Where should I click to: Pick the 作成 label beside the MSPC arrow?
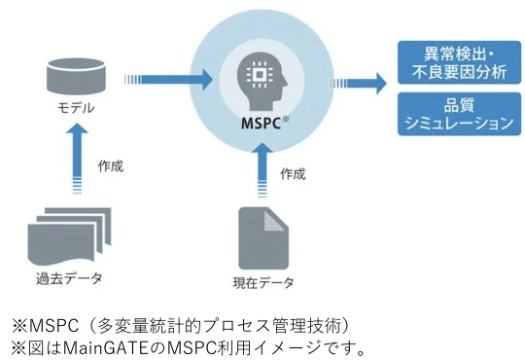tap(292, 176)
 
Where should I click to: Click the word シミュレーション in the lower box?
tap(456, 124)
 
